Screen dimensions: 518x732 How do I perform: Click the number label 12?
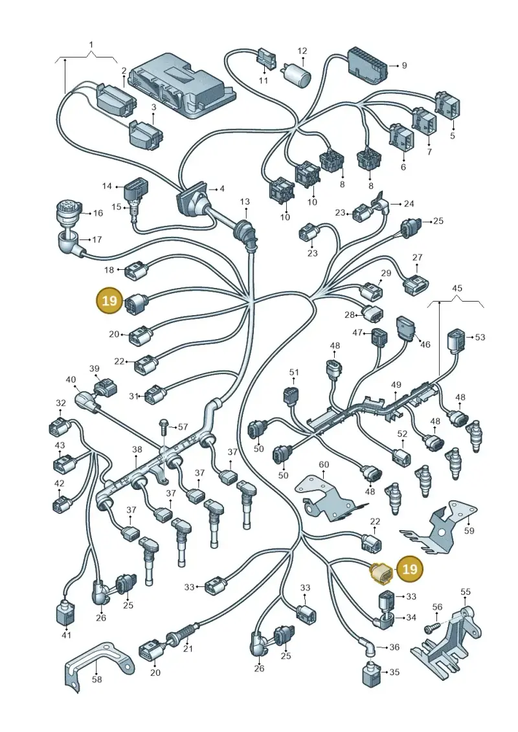click(302, 51)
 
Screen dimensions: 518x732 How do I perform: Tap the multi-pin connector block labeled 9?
click(366, 66)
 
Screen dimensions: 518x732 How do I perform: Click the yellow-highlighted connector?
click(381, 573)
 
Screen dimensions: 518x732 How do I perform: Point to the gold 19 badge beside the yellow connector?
click(409, 569)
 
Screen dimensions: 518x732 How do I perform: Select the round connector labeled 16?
click(70, 212)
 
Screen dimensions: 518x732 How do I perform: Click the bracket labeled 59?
click(439, 527)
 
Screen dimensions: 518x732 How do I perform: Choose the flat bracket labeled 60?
click(329, 497)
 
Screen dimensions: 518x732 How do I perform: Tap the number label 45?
click(457, 288)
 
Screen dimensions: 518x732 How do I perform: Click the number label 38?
click(137, 450)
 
